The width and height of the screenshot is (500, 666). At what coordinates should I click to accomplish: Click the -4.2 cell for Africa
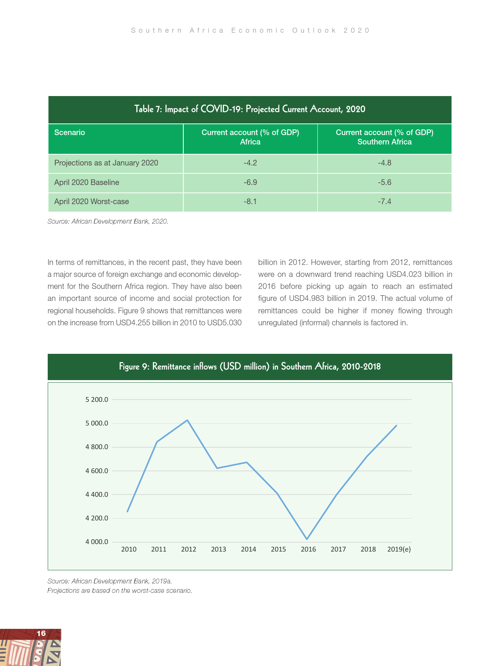coord(250,163)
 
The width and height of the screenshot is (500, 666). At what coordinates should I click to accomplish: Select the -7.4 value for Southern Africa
coord(384,201)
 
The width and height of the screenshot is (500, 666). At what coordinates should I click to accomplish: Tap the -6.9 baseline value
coord(250,182)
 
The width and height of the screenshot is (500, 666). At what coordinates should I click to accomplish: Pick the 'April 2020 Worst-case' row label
coord(91,201)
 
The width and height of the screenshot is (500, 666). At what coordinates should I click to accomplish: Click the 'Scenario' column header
coord(69,132)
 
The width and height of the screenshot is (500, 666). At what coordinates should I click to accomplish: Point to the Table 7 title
coord(250,109)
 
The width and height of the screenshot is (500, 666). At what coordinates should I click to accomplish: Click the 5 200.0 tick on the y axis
coord(97,400)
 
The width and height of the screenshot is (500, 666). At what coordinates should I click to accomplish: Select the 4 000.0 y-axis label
coord(97,542)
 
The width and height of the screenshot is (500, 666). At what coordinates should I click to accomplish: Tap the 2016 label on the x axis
coord(308,549)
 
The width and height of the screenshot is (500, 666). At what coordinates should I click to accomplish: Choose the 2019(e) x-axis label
coord(399,549)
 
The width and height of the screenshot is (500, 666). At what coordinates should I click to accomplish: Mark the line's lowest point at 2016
coord(307,539)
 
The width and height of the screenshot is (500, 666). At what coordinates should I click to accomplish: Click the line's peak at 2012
coord(187,420)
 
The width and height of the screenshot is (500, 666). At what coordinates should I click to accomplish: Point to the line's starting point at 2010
coord(127,511)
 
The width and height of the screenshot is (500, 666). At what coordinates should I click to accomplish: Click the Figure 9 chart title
coord(250,367)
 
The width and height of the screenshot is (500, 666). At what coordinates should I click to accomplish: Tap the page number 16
coord(41,633)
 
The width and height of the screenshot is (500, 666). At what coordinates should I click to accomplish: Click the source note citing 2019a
coord(110,581)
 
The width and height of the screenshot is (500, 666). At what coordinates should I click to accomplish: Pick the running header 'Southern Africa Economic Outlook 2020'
coord(251,30)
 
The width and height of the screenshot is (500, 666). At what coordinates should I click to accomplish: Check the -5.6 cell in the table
coord(384,182)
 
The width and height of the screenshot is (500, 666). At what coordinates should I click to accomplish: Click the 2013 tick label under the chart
coord(219,549)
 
